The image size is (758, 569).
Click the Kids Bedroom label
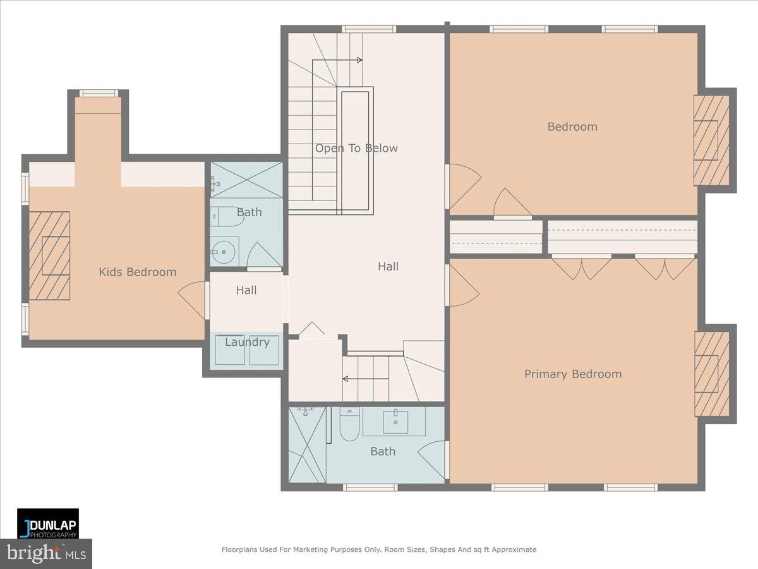(137, 272)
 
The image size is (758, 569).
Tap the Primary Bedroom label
(573, 374)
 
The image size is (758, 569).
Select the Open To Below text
(356, 149)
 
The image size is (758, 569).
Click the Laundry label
(247, 342)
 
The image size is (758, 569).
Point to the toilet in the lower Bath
(349, 425)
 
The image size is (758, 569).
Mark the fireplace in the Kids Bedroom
(49, 255)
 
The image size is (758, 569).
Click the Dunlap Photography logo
(48, 523)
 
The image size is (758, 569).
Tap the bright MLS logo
(45, 554)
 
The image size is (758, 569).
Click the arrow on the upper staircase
(359, 60)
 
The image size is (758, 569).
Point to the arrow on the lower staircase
(345, 379)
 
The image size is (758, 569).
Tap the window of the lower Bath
(370, 487)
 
